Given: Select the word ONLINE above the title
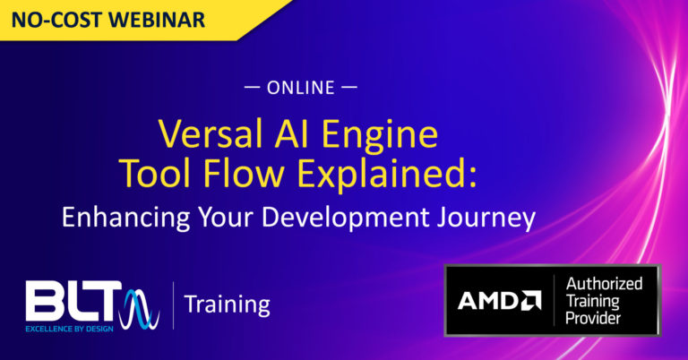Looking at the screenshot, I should tap(301, 88).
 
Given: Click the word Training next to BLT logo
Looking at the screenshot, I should tap(227, 304).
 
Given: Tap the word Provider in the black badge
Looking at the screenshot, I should tap(599, 318).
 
